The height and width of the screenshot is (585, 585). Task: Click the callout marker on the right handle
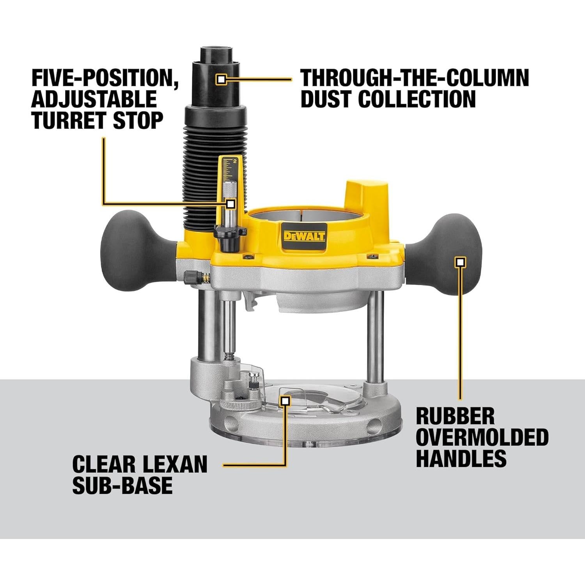point(461,262)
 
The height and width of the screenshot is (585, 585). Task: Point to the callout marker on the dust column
point(221,80)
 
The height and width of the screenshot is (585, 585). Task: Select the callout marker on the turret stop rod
point(230,204)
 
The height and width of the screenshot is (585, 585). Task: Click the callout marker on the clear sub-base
point(285,401)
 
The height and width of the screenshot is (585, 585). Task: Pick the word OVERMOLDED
point(482,437)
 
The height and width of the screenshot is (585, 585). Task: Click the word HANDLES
point(461,458)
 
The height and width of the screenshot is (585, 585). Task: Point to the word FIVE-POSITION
point(105,78)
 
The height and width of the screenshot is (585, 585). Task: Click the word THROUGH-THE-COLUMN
point(415,78)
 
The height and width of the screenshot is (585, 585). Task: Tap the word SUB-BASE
point(122,485)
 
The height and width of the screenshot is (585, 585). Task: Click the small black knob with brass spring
point(192,277)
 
